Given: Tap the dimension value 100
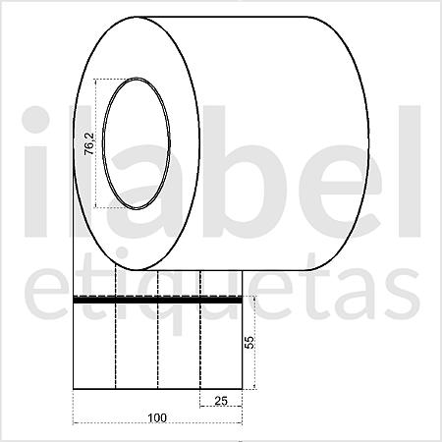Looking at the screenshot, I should coord(156,416).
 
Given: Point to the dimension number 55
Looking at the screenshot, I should coord(249,343).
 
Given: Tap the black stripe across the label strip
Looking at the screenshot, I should coord(157,299).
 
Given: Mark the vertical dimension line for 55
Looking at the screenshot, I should coord(256,344).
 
